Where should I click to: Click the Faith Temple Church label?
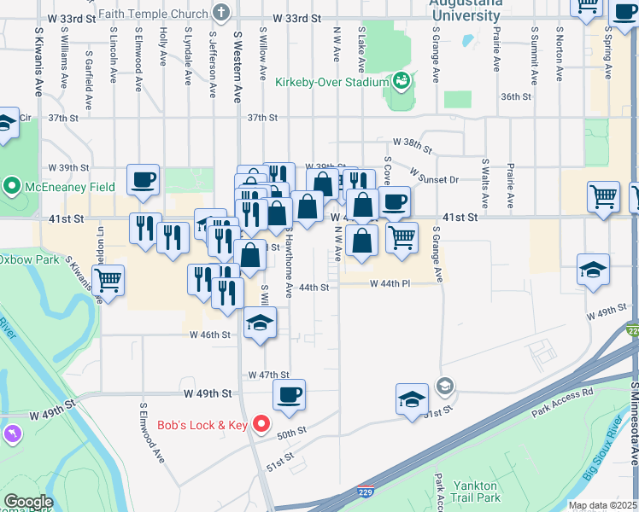(153, 14)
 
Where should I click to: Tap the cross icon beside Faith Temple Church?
(222, 13)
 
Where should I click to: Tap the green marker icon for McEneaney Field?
(11, 185)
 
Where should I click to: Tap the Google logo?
(28, 502)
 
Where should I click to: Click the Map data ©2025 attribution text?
(601, 505)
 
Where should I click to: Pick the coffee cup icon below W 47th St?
(289, 394)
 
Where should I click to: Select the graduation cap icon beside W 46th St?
(261, 323)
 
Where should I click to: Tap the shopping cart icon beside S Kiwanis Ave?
(108, 279)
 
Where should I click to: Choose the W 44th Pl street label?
(391, 283)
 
